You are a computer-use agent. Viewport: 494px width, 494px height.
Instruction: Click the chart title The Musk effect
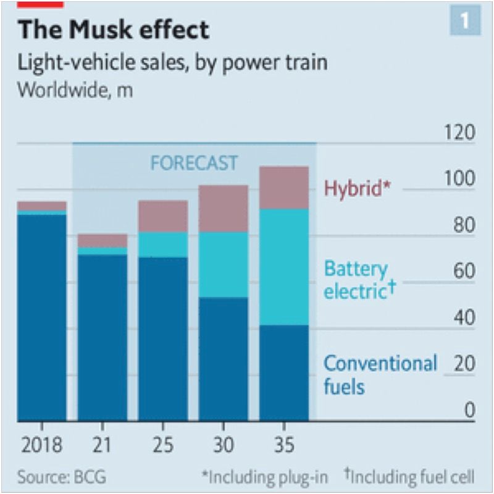(113, 30)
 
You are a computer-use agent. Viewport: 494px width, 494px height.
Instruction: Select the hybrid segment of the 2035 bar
(283, 188)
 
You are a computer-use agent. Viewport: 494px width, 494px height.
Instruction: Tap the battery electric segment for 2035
(283, 267)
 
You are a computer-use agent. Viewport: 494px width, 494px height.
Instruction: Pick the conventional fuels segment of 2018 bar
(41, 317)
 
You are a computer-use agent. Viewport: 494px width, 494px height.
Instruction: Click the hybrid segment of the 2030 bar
(223, 209)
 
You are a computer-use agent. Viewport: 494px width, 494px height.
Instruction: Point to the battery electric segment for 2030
(223, 264)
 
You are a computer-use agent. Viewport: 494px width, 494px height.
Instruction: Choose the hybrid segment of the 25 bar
(162, 216)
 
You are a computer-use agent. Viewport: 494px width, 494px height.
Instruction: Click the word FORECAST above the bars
(194, 163)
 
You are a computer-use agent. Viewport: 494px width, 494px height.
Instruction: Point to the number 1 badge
(464, 21)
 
